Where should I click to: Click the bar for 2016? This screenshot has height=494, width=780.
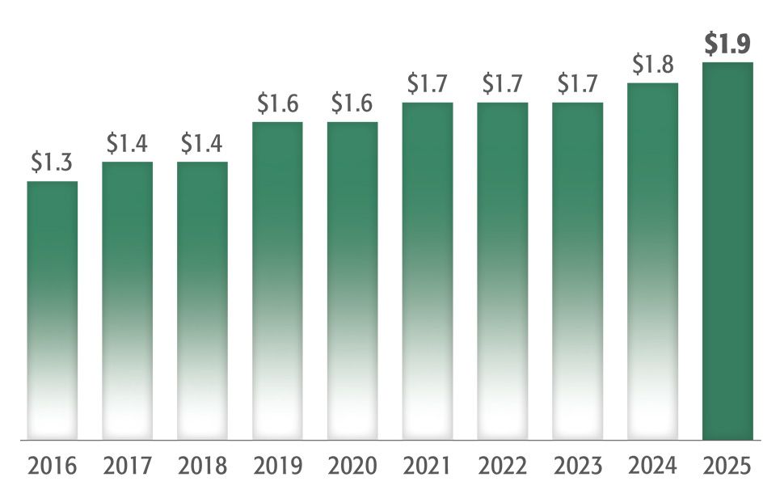[x=53, y=310]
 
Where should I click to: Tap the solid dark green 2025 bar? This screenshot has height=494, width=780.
[x=727, y=251]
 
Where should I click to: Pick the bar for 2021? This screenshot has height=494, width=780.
[x=428, y=271]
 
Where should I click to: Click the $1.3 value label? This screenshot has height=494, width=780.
[x=53, y=163]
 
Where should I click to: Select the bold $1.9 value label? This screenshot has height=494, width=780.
[x=727, y=44]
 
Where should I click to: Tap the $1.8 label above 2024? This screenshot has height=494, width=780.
[x=652, y=64]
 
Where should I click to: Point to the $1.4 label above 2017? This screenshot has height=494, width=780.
[x=127, y=143]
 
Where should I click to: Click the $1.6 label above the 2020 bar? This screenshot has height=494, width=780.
[x=352, y=103]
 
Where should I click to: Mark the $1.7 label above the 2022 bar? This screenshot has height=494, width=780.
[x=502, y=83]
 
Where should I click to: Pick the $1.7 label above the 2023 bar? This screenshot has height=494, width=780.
[x=577, y=83]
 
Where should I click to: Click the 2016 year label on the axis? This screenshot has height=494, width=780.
[x=53, y=467]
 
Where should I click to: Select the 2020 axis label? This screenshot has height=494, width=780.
[x=352, y=467]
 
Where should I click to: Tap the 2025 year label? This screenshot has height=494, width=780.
[x=727, y=467]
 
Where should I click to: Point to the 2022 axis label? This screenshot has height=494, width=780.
[x=502, y=467]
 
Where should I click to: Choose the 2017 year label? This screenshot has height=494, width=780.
[x=127, y=467]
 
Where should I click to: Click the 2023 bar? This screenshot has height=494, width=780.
[x=577, y=271]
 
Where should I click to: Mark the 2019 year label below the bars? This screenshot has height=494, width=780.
[x=277, y=467]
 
